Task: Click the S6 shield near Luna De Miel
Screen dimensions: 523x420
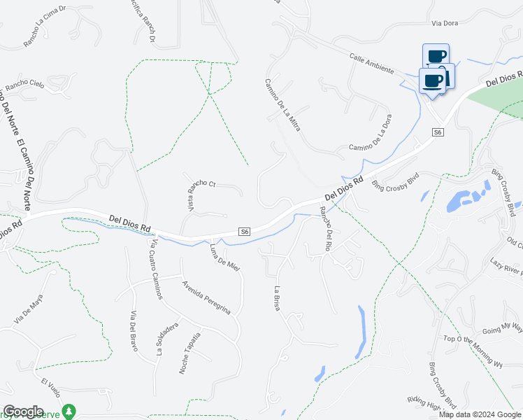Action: [245, 232]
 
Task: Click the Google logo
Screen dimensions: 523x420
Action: [23, 412]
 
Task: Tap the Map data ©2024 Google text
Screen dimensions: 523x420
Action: [479, 414]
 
